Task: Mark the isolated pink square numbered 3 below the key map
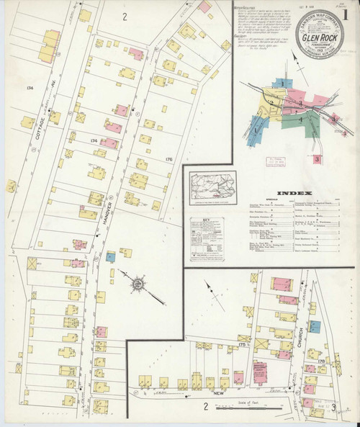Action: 316,158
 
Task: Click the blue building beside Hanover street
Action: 110,256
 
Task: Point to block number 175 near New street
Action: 243,346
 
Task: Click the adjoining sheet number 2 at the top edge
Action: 124,16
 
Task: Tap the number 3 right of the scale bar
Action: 334,408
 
